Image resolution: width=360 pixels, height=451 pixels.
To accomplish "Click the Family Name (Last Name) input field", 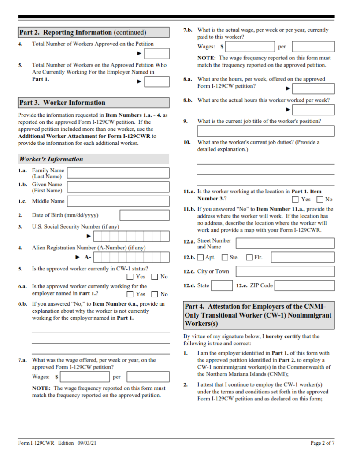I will click(x=118, y=173).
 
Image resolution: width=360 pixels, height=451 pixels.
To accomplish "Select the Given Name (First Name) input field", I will click(x=118, y=187).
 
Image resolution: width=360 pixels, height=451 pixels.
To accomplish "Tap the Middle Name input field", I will click(x=118, y=201).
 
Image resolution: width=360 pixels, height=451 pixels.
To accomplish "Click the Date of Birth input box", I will click(x=144, y=215).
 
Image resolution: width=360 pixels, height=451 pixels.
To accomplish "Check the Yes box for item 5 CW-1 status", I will click(x=130, y=277).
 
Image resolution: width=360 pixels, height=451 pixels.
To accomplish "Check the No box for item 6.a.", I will click(x=155, y=294).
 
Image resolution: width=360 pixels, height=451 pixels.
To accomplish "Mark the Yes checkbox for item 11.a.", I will click(x=296, y=200).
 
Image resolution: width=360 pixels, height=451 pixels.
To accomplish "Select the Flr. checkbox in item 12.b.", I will click(x=249, y=257).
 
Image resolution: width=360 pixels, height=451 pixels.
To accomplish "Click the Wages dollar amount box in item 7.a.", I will click(x=85, y=377).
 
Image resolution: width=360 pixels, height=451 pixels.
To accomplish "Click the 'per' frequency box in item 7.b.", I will click(x=313, y=47).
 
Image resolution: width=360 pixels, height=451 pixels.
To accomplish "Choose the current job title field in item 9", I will click(x=265, y=131).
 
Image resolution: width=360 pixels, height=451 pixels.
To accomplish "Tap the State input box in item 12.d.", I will click(x=222, y=285).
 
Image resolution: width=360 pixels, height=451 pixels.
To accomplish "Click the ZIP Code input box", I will click(x=305, y=285).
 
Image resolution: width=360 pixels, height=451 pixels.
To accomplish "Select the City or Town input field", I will click(x=285, y=271).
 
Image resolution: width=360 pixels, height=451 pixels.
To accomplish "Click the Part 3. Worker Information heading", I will click(x=62, y=103).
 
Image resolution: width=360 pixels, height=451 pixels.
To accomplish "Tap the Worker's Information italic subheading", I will click(x=51, y=159).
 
